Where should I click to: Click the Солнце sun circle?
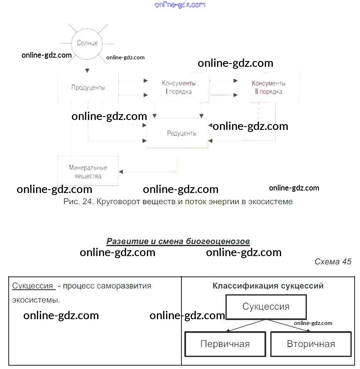click(87, 43)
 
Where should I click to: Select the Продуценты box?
click(88, 88)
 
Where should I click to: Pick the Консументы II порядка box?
click(268, 87)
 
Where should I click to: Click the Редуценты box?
click(181, 133)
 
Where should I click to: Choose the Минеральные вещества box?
click(88, 171)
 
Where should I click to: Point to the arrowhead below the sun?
click(87, 70)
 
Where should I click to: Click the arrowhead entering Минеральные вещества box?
click(121, 171)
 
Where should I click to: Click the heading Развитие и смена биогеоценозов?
click(178, 241)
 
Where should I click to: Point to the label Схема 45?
click(333, 261)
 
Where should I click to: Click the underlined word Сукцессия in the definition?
click(33, 286)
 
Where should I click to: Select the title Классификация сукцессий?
click(268, 286)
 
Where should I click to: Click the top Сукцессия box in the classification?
click(266, 307)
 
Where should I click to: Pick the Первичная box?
click(225, 344)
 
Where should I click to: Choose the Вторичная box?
click(311, 344)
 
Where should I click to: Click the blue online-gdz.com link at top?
click(180, 5)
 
